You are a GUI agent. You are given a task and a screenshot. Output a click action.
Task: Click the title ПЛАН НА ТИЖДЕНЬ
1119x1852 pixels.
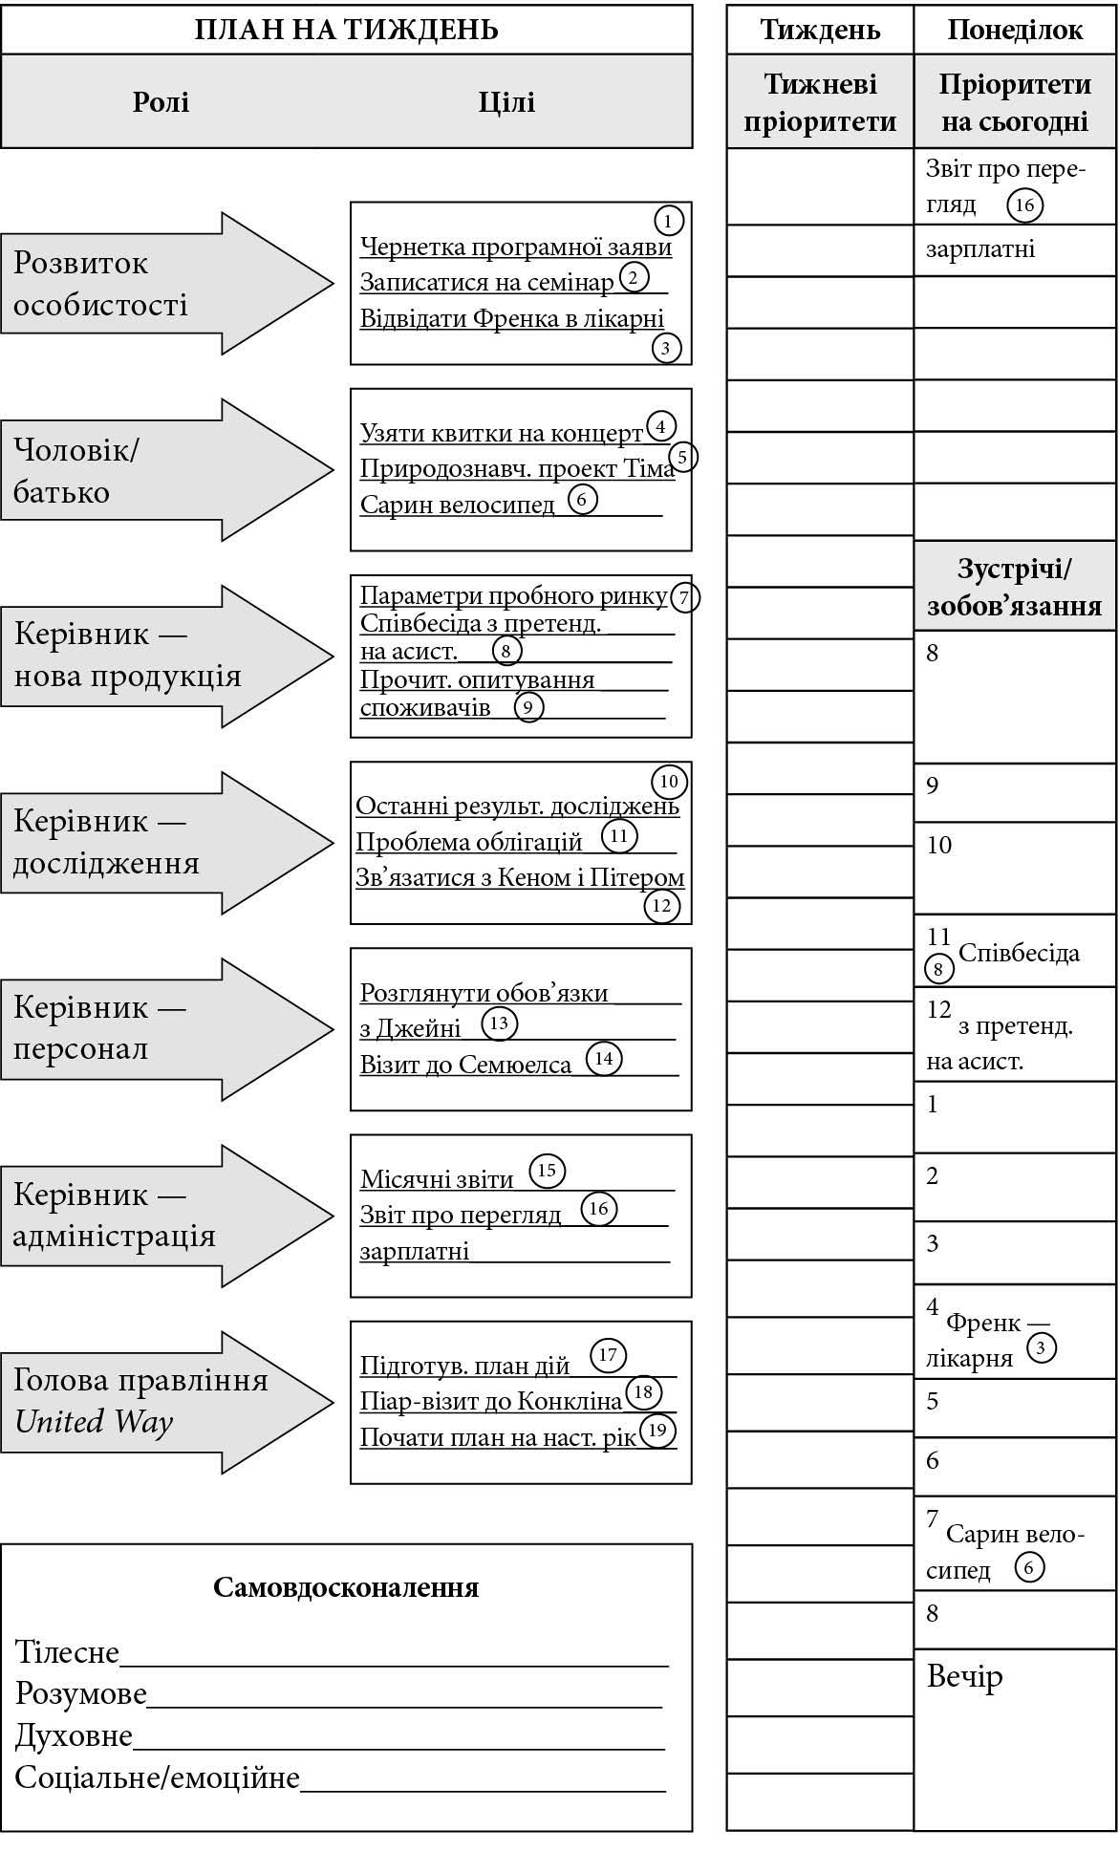346,30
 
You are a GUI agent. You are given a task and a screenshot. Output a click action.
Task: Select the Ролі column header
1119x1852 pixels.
161,101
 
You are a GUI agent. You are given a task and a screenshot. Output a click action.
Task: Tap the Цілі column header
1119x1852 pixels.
506,101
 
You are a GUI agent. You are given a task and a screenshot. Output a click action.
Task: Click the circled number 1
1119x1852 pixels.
668,222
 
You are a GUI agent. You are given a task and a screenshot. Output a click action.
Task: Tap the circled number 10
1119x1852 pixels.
668,782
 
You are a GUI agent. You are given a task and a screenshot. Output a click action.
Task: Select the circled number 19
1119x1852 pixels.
656,1430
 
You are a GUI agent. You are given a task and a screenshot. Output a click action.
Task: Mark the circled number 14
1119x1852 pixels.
603,1059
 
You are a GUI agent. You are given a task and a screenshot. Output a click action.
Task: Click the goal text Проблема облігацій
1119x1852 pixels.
469,842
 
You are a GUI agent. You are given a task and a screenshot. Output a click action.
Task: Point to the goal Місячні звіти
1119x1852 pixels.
437,1179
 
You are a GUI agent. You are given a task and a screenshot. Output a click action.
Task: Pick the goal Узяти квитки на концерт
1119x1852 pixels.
502,434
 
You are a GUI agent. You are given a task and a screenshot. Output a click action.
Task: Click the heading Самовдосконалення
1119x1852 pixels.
346,1587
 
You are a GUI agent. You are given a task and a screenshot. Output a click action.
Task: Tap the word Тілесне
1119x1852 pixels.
67,1652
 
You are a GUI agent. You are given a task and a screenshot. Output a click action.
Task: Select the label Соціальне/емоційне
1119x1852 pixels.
158,1777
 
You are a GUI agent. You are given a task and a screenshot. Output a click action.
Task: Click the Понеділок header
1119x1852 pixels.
1015,30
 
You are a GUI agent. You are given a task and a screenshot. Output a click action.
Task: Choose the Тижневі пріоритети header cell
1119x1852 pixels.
820,102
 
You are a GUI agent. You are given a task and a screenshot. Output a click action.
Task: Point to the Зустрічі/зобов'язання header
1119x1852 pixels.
1015,587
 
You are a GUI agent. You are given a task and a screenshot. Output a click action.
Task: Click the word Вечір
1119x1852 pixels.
965,1676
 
